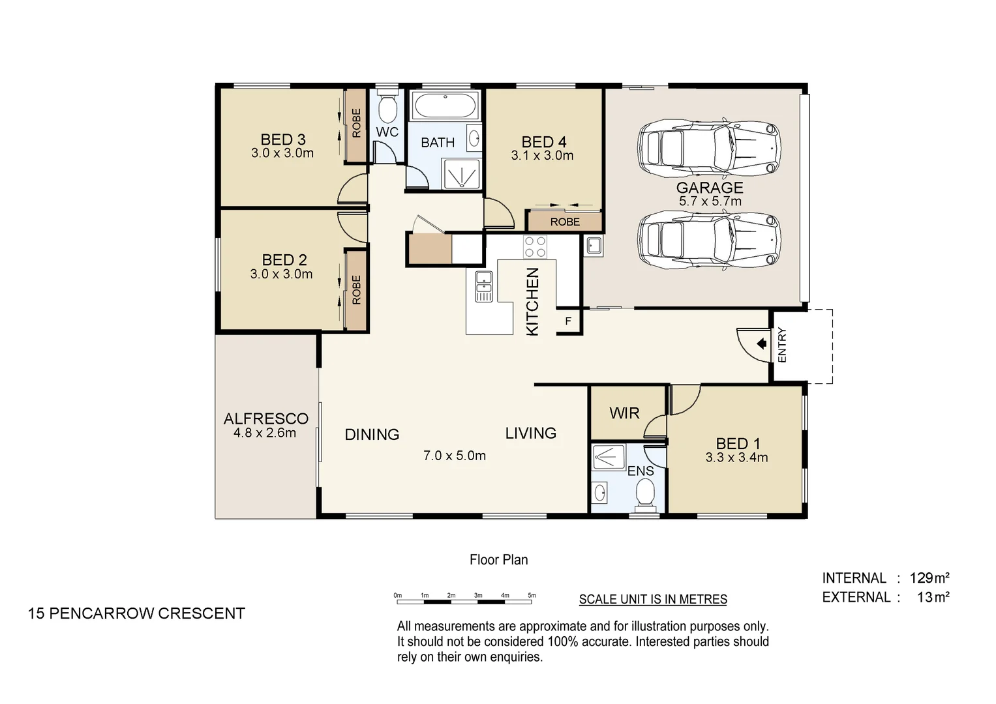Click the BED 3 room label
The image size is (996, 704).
coord(282,139)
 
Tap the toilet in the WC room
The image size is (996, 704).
coord(387,110)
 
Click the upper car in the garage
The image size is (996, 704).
coord(709,148)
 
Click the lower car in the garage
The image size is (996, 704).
coord(709,240)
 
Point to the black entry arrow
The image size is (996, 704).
coord(761,344)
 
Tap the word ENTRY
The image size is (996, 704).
coord(782,345)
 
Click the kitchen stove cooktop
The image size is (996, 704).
coord(535,247)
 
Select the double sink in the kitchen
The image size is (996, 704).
coord(483,286)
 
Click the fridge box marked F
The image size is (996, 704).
coord(568,321)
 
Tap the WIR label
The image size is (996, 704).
coord(624,413)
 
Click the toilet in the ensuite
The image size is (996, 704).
coord(644,492)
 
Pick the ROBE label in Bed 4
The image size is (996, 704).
coord(565,222)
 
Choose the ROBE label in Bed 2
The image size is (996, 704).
coord(356,290)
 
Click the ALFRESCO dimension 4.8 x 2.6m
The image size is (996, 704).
coord(265,433)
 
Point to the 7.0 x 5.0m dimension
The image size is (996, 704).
coord(455,456)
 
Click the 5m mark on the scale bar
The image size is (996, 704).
coord(532,596)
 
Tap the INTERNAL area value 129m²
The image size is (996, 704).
coord(929,578)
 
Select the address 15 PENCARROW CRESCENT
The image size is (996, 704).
coord(136,613)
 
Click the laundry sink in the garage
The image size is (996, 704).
coord(594,246)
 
